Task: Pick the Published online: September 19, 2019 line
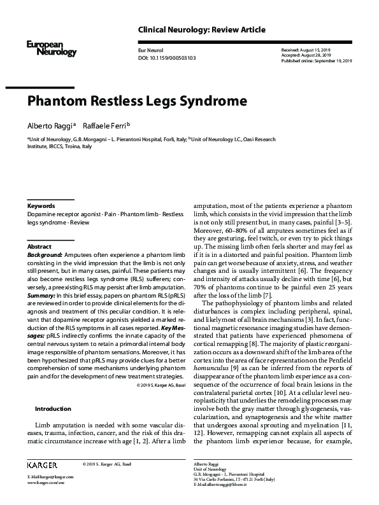[x=315, y=61]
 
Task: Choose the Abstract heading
[x=39, y=246]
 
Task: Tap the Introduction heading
[x=53, y=408]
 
